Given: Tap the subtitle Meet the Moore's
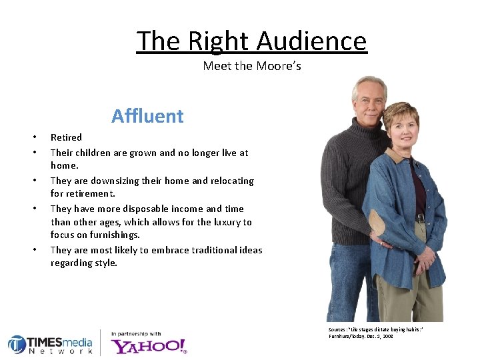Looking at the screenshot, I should click(252, 66).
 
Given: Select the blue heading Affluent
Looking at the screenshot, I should click(147, 116).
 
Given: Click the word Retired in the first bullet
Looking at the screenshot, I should click(66, 137).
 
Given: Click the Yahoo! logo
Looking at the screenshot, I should click(149, 345).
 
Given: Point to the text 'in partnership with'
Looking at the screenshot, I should click(136, 333).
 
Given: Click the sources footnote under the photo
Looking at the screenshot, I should click(375, 333).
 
